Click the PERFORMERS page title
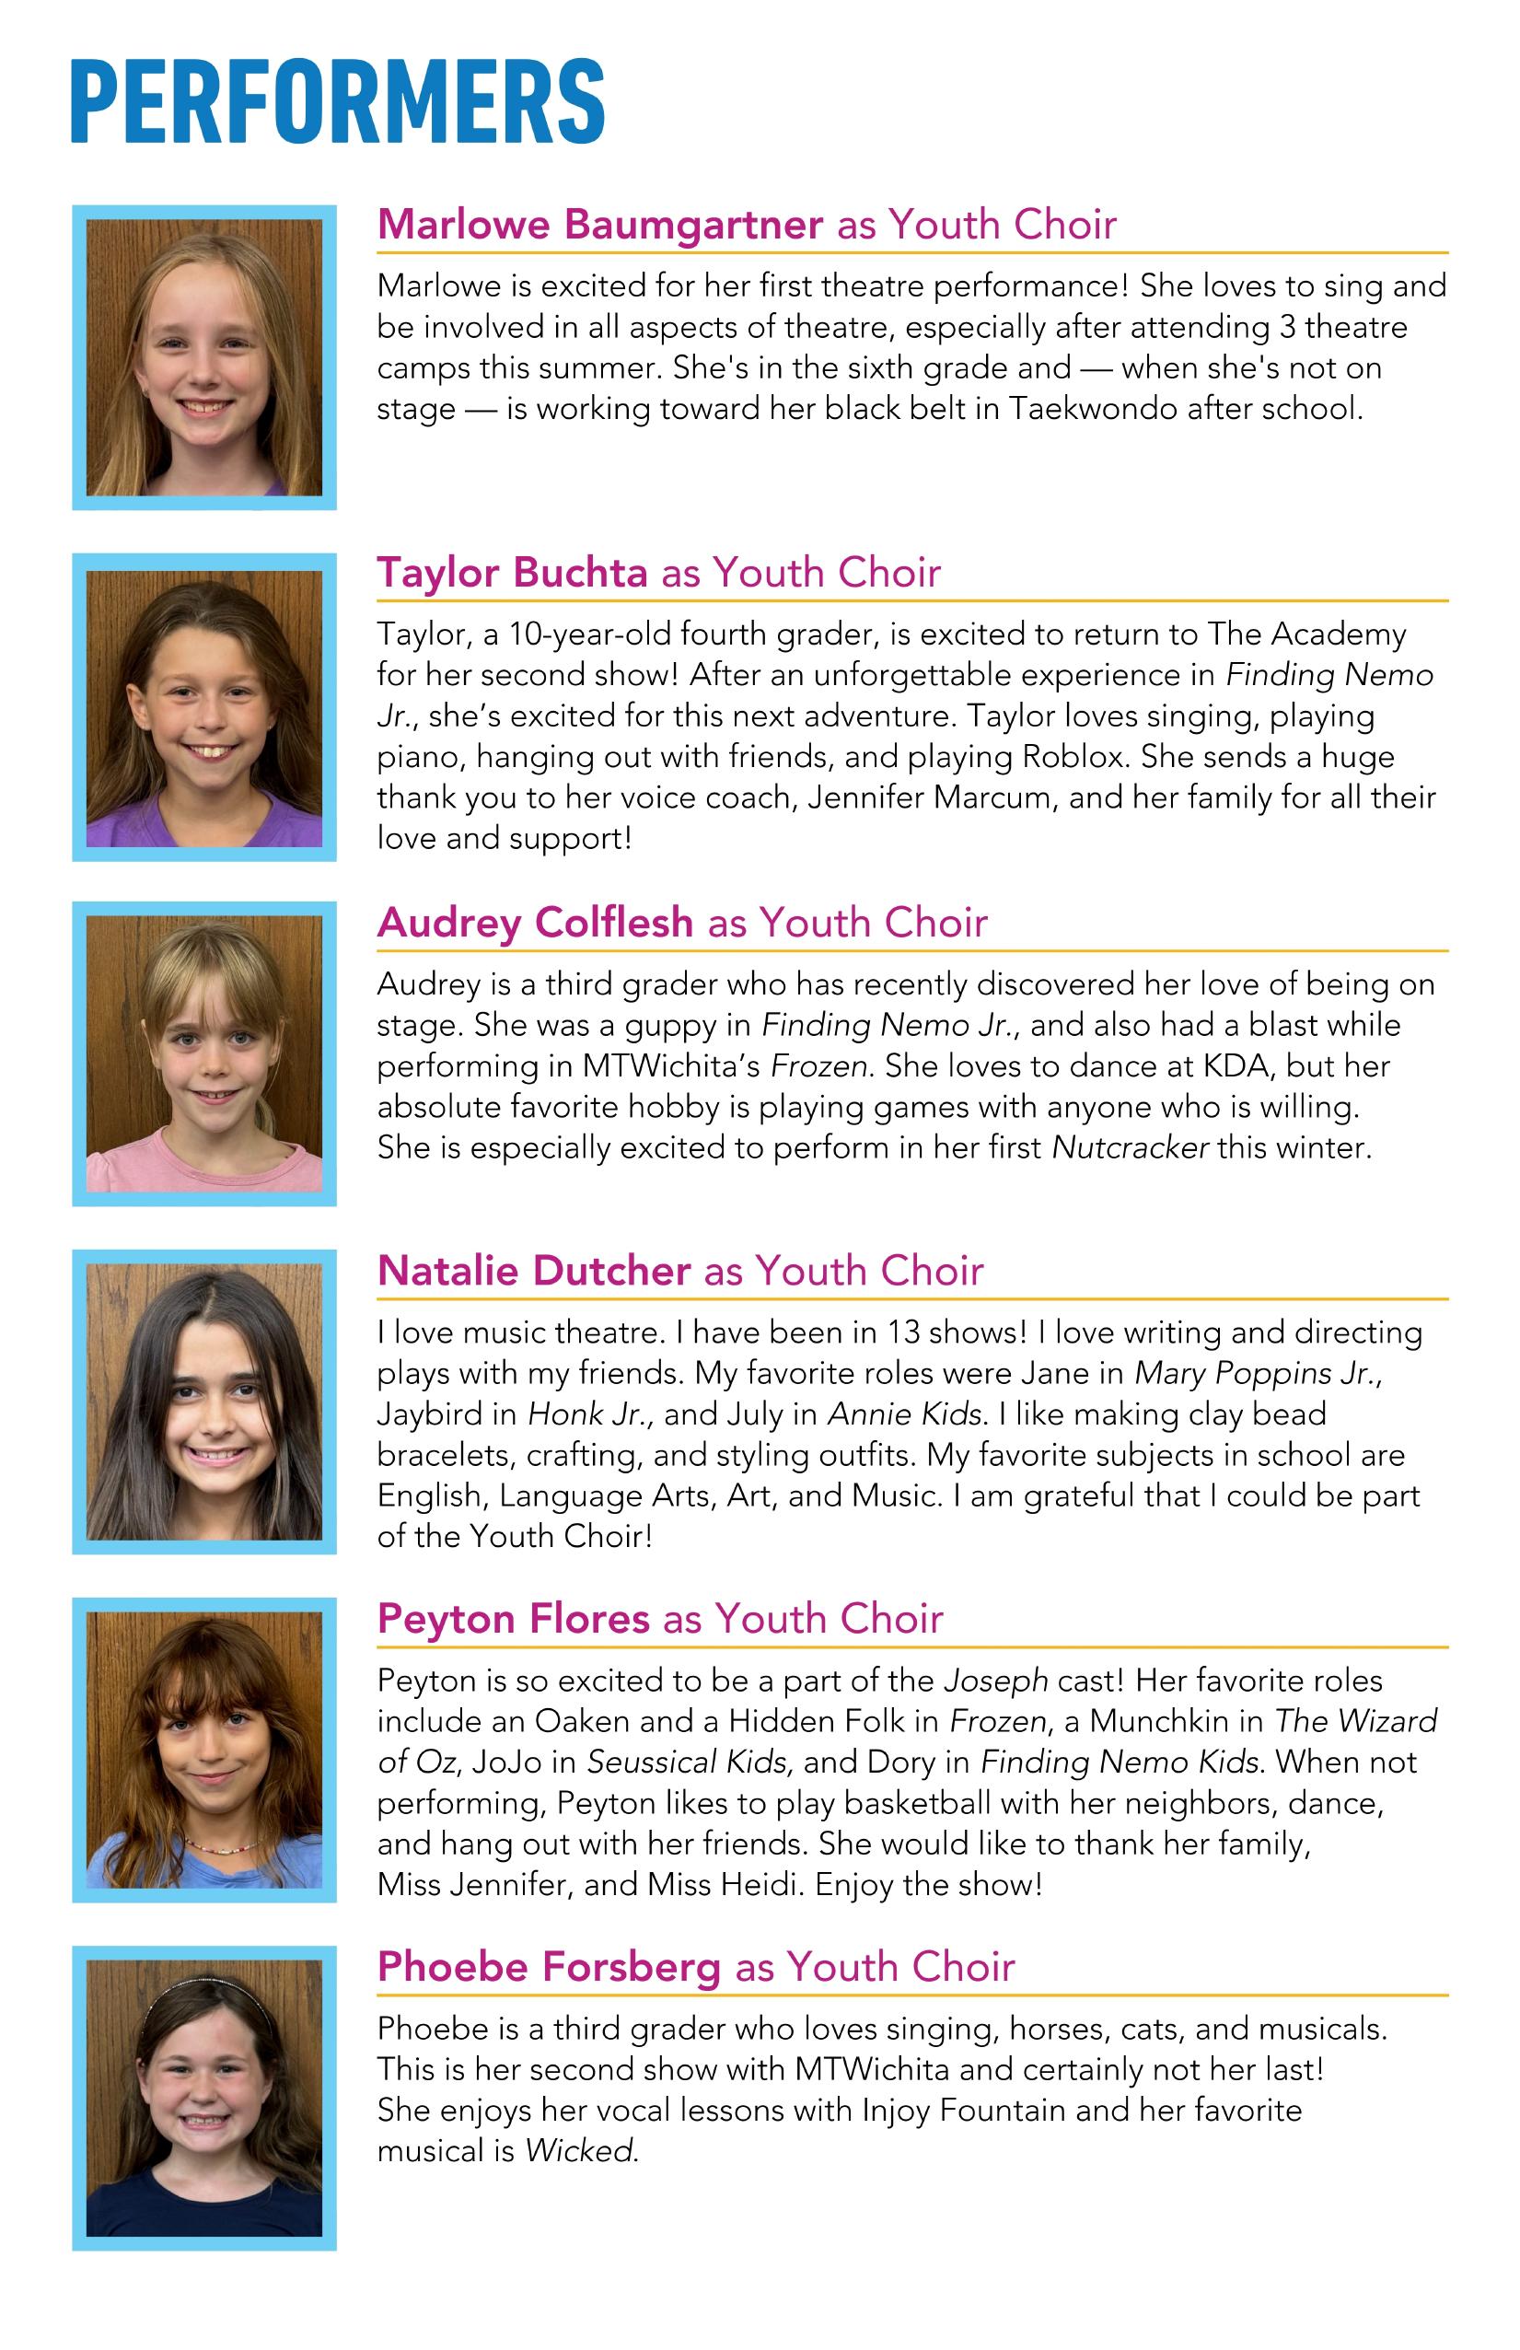(338, 101)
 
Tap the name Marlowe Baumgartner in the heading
(599, 225)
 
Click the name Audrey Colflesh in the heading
(534, 923)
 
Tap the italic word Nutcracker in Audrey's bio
(1129, 1148)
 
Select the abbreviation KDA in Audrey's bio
(1236, 1066)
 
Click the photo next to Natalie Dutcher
(204, 1402)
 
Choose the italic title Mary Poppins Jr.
(1257, 1374)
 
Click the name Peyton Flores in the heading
(513, 1619)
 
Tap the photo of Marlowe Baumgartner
(204, 357)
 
